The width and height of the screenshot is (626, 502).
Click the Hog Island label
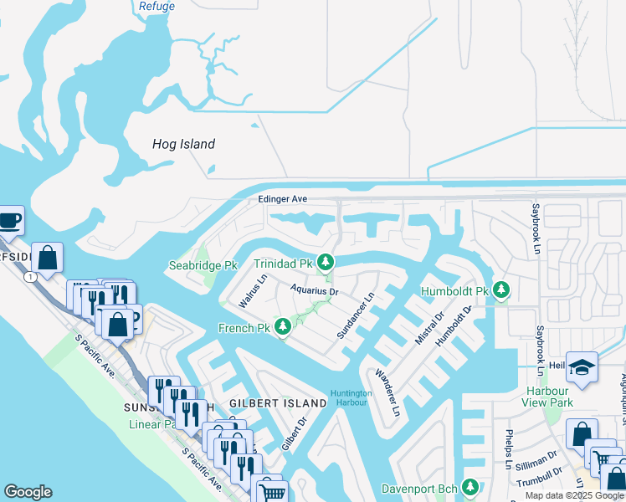(x=183, y=144)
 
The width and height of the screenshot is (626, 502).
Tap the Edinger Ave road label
(x=283, y=199)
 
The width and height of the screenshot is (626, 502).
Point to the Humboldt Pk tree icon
(x=500, y=290)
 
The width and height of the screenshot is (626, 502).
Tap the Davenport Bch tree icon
(x=470, y=486)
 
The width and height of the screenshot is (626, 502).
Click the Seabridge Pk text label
(x=203, y=265)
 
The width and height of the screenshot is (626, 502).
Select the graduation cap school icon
(x=582, y=366)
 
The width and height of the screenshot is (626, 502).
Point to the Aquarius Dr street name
(x=314, y=291)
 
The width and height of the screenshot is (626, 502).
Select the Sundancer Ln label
(x=354, y=315)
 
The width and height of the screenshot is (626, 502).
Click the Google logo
(x=28, y=492)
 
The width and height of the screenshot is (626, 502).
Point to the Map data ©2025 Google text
(x=573, y=495)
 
